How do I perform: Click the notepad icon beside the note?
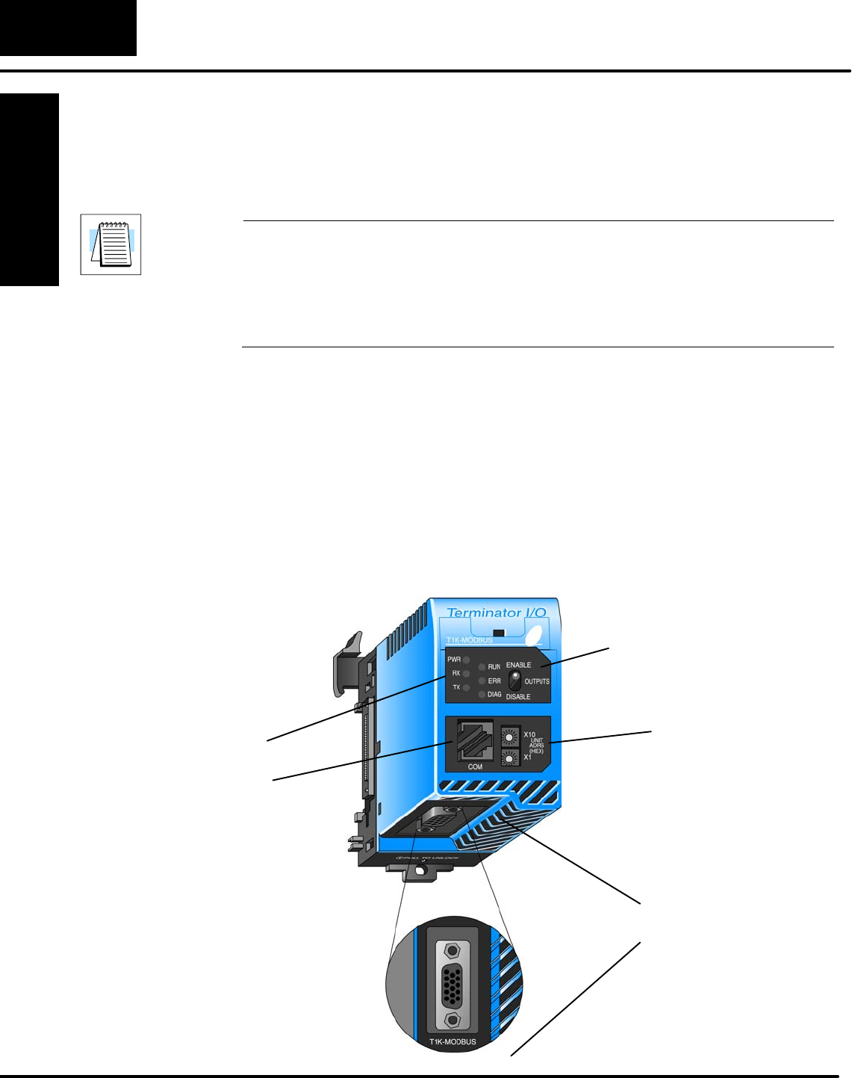pyautogui.click(x=111, y=244)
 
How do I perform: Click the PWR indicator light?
pyautogui.click(x=466, y=660)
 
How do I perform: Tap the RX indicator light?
pyautogui.click(x=466, y=674)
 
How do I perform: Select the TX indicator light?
pyautogui.click(x=466, y=687)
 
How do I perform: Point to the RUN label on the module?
pyautogui.click(x=494, y=667)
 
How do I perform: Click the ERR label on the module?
pyautogui.click(x=494, y=681)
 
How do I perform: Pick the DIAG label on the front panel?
pyautogui.click(x=494, y=695)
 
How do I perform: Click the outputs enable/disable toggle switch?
pyautogui.click(x=514, y=681)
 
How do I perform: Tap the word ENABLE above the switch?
pyautogui.click(x=519, y=665)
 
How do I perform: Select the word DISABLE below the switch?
pyautogui.click(x=518, y=697)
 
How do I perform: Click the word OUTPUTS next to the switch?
pyautogui.click(x=537, y=681)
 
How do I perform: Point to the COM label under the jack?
pyautogui.click(x=475, y=767)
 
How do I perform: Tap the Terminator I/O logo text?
pyautogui.click(x=497, y=613)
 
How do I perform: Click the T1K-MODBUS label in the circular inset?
pyautogui.click(x=453, y=1041)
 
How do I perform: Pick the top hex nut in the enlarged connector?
pyautogui.click(x=451, y=951)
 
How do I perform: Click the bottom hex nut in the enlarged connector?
pyautogui.click(x=451, y=1020)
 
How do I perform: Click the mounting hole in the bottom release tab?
pyautogui.click(x=423, y=870)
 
